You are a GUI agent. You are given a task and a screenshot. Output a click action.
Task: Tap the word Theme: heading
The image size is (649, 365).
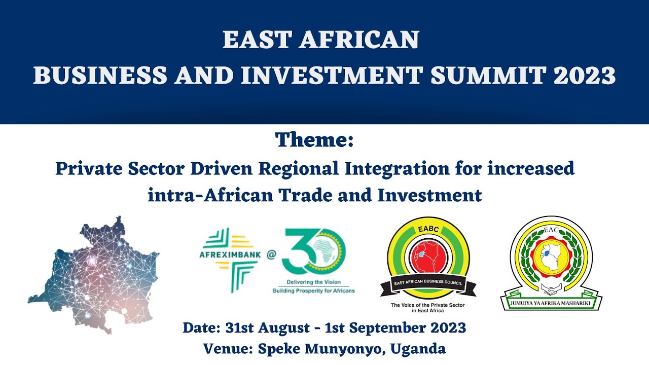pyautogui.click(x=314, y=140)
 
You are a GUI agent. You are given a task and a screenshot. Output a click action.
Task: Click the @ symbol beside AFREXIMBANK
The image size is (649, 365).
pyautogui.click(x=272, y=254)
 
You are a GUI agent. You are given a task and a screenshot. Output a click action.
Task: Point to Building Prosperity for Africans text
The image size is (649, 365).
pyautogui.click(x=313, y=290)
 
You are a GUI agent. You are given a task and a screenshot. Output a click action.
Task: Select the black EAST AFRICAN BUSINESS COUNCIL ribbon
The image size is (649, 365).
pyautogui.click(x=428, y=284)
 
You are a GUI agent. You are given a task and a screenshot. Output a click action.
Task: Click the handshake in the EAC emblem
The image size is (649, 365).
pyautogui.click(x=551, y=288)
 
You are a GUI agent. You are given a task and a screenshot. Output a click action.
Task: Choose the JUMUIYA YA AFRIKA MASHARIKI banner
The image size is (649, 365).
pyautogui.click(x=551, y=302)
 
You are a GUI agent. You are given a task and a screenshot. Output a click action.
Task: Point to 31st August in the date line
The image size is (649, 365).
pyautogui.click(x=258, y=328)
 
